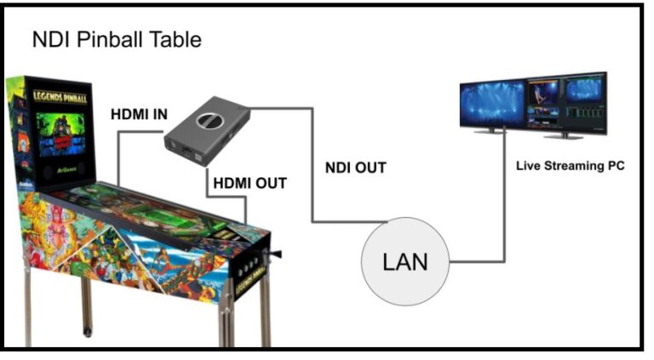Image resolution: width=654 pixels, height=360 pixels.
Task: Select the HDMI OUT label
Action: tap(250, 183)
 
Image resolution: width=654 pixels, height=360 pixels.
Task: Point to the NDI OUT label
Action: tap(356, 168)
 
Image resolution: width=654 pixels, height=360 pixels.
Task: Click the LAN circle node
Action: tap(406, 261)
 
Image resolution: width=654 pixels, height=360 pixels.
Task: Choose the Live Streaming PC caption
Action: tap(570, 165)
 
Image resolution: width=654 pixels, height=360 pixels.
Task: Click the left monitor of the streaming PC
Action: tap(491, 104)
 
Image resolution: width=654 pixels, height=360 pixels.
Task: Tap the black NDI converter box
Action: tap(207, 131)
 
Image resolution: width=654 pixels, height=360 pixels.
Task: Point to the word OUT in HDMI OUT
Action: tap(269, 183)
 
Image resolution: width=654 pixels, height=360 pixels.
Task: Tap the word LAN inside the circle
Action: tap(406, 262)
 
